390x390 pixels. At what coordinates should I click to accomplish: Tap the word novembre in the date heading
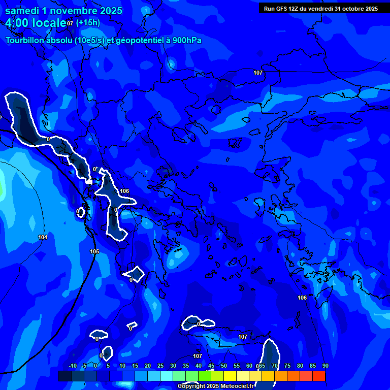pyautogui.click(x=74, y=11)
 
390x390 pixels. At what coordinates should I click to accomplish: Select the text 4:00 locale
pyautogui.click(x=36, y=23)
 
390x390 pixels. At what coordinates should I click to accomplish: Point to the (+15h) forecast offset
pyautogui.click(x=88, y=22)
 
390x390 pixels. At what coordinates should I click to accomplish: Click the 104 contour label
pyautogui.click(x=43, y=237)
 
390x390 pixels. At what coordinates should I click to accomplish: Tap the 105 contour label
pyautogui.click(x=94, y=251)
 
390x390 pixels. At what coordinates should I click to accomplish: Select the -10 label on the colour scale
pyautogui.click(x=72, y=366)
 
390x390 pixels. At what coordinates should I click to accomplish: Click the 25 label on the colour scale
pyautogui.click(x=160, y=366)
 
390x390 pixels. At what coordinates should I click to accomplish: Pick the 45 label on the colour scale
pyautogui.click(x=211, y=366)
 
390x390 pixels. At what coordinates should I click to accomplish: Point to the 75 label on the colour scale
pyautogui.click(x=287, y=366)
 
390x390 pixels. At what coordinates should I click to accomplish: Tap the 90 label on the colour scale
pyautogui.click(x=325, y=366)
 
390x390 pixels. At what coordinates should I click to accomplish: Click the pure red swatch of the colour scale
pyautogui.click(x=319, y=376)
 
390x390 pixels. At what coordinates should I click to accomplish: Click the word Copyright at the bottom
pyautogui.click(x=192, y=386)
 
